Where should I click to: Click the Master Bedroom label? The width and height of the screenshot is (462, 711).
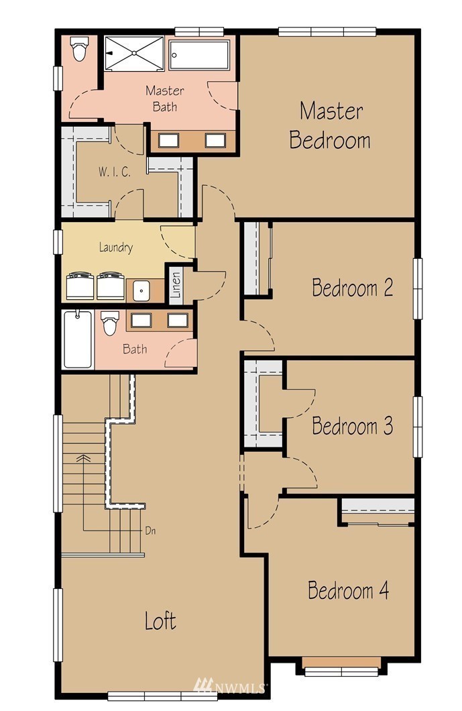click(330, 125)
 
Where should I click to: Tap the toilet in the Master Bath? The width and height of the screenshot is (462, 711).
click(79, 48)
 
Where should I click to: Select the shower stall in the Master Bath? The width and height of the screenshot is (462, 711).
click(134, 54)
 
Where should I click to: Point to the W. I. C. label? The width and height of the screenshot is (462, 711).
click(115, 172)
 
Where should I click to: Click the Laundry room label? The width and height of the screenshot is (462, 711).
click(116, 248)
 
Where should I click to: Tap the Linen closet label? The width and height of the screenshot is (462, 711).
click(176, 285)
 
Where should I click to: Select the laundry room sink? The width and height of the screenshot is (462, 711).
click(141, 290)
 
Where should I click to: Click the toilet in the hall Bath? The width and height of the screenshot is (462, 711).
click(110, 323)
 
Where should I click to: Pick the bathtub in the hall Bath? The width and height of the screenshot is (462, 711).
click(78, 339)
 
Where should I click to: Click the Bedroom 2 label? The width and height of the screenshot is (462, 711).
click(352, 288)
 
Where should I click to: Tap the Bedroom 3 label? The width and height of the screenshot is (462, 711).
click(352, 426)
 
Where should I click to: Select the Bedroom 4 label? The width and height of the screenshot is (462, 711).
click(348, 590)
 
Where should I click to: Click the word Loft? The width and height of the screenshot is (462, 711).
click(160, 620)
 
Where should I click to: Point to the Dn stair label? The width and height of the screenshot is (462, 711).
click(150, 530)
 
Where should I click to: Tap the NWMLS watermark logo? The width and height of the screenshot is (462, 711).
click(229, 686)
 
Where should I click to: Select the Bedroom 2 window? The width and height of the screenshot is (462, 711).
click(417, 288)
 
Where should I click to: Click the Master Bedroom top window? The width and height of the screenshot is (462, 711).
click(327, 32)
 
